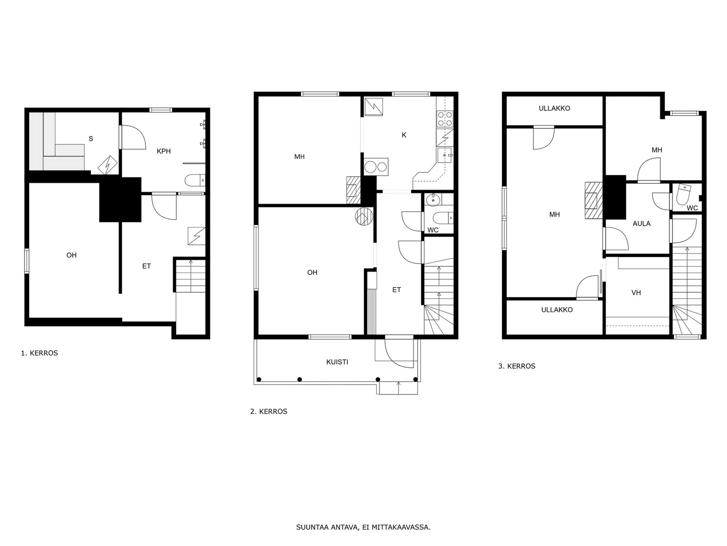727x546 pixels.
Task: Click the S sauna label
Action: pos(91,139)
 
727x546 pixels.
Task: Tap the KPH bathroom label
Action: pos(164,151)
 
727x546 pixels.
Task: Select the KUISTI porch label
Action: pos(337,362)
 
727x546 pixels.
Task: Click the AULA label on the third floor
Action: pos(642,223)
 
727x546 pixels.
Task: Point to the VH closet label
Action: pos(636,293)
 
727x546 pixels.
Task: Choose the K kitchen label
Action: pos(404,135)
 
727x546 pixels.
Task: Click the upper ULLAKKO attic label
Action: pos(554,108)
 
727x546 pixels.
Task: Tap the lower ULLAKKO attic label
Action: pos(557,310)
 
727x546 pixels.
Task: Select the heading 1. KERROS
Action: pos(40,353)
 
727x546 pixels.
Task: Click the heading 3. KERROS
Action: pos(517,366)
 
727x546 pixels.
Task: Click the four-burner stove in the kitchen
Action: pos(445,119)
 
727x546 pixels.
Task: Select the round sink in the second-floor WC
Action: pos(432,200)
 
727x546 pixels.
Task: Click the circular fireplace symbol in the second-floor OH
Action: pos(364,217)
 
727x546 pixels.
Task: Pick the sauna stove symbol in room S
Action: pos(108,165)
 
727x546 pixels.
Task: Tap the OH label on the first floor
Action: pos(71,255)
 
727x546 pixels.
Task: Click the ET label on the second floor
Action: pos(397,290)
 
